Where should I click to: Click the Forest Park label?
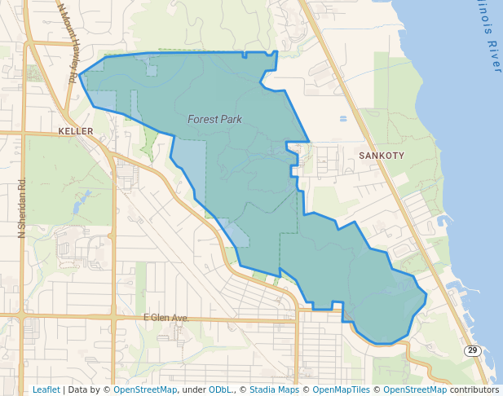[214, 119]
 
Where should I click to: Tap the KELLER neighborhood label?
[77, 130]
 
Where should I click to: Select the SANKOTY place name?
[377, 154]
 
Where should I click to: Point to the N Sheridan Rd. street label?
[23, 208]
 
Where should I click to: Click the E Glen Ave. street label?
[165, 317]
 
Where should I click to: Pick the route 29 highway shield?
[472, 350]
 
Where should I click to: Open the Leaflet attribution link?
[46, 389]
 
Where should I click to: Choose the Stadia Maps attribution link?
[274, 389]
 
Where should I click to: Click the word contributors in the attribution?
[474, 389]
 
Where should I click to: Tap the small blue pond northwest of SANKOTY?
[343, 119]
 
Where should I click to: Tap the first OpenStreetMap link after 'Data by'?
[145, 389]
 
